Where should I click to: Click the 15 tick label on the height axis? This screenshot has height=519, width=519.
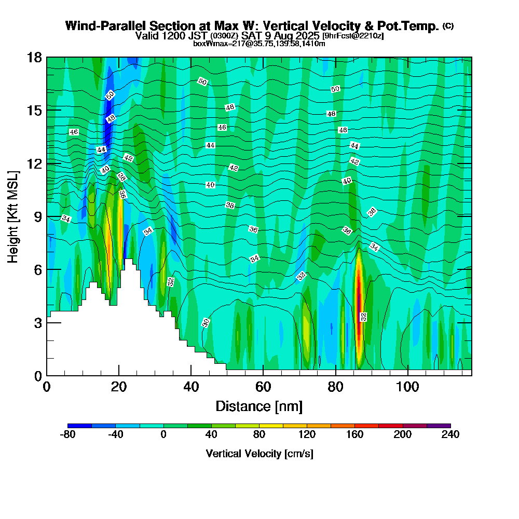pyautogui.click(x=34, y=111)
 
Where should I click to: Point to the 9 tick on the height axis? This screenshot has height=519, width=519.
pyautogui.click(x=47, y=216)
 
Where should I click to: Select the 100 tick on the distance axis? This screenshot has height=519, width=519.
pyautogui.click(x=408, y=375)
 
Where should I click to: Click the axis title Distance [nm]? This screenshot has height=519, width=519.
pyautogui.click(x=259, y=405)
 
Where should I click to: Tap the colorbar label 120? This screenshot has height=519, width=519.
pyautogui.click(x=307, y=435)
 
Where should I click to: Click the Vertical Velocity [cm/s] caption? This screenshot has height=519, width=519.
pyautogui.click(x=259, y=454)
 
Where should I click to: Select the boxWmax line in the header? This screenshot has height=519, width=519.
pyautogui.click(x=259, y=44)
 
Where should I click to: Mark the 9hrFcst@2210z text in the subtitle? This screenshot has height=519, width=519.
pyautogui.click(x=353, y=36)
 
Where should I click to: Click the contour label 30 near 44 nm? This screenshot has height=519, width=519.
pyautogui.click(x=206, y=323)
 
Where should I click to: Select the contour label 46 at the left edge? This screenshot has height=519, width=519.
pyautogui.click(x=74, y=132)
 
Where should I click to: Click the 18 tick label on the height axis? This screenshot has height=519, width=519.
pyautogui.click(x=34, y=57)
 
